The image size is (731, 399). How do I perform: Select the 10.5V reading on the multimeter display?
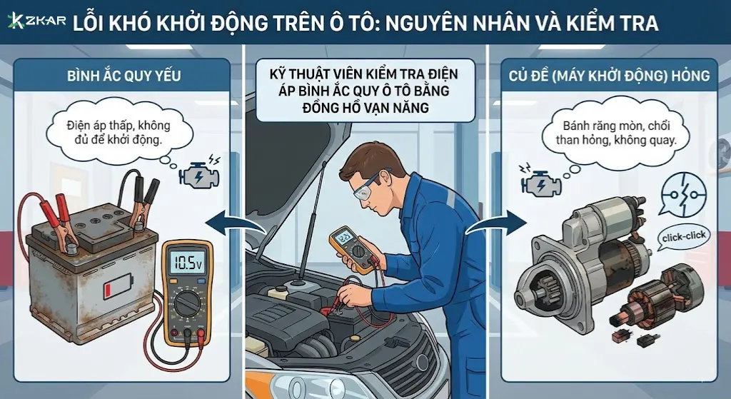coord(188,263)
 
